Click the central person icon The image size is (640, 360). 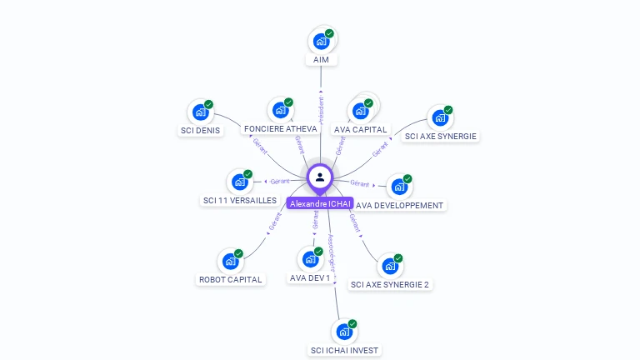pyautogui.click(x=320, y=177)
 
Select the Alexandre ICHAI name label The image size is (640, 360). pyautogui.click(x=320, y=203)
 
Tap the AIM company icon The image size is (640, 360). pyautogui.click(x=321, y=41)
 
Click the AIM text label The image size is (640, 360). pyautogui.click(x=321, y=60)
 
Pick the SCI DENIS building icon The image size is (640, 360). pyautogui.click(x=200, y=112)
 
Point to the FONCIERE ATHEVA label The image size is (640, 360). pyautogui.click(x=280, y=129)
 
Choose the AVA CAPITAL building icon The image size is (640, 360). pyautogui.click(x=360, y=110)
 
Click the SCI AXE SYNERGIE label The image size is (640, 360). pyautogui.click(x=441, y=136)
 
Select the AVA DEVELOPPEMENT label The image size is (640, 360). pyautogui.click(x=399, y=205)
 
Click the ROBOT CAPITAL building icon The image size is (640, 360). pyautogui.click(x=230, y=261)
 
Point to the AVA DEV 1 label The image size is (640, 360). pyautogui.click(x=310, y=277)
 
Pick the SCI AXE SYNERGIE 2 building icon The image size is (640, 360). pyautogui.click(x=389, y=266)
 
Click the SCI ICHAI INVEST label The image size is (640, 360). pyautogui.click(x=344, y=350)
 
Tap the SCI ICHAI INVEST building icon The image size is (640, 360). pyautogui.click(x=343, y=331)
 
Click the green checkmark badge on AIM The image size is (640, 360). pyautogui.click(x=329, y=33)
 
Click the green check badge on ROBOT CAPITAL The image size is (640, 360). pyautogui.click(x=238, y=253)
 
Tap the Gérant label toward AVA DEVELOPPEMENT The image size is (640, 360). pyautogui.click(x=360, y=182)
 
